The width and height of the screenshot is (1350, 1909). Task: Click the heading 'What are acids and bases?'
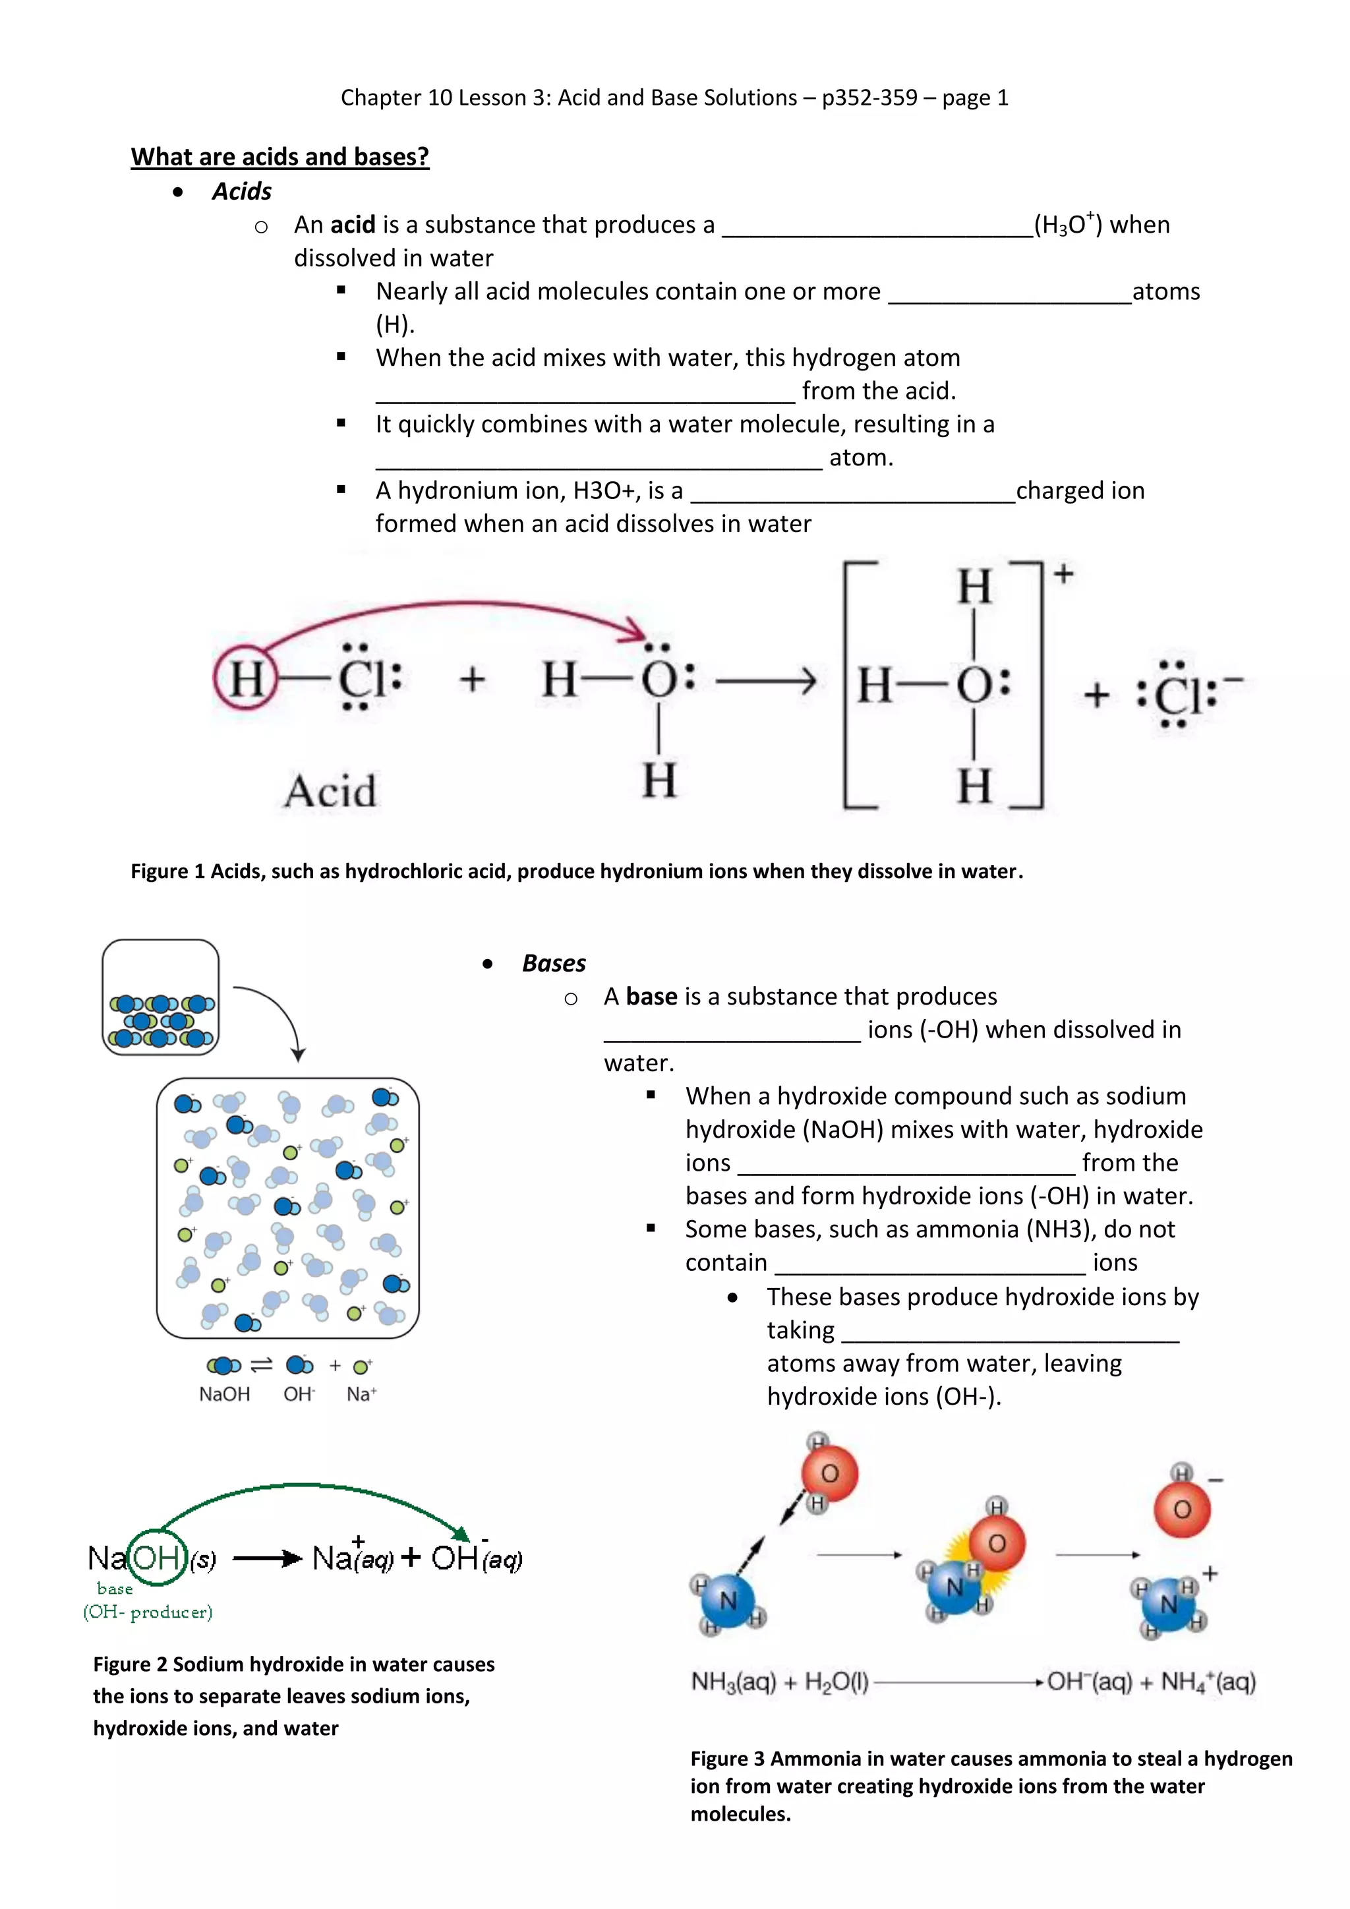coord(279,156)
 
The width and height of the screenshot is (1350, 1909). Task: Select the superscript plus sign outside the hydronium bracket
coord(1063,573)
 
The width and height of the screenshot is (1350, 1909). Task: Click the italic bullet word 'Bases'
coord(554,963)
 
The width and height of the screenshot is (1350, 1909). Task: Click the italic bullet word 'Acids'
coord(241,191)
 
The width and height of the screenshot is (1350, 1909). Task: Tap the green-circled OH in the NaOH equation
coord(156,1557)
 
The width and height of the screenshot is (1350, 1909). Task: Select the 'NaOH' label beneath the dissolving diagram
coord(224,1394)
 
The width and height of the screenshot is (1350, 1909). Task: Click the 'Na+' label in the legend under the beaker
coord(361,1394)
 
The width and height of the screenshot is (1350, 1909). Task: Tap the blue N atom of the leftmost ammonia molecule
coord(728,1599)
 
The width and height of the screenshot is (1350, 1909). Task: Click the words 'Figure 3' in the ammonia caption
coord(726,1759)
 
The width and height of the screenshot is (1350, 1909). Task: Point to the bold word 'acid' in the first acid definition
coord(353,225)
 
